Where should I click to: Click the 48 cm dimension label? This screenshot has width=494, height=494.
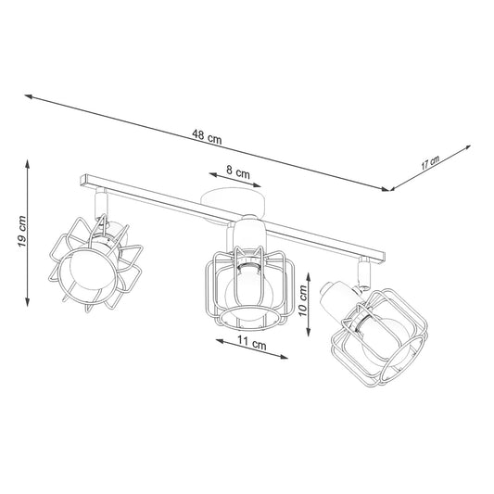(x=207, y=137)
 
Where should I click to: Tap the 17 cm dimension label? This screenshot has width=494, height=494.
(x=430, y=163)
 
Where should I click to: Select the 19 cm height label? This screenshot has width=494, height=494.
(x=21, y=232)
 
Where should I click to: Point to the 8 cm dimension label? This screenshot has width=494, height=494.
(x=238, y=172)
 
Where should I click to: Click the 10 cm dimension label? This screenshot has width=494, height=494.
(x=303, y=300)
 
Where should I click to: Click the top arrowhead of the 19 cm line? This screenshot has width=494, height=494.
(x=28, y=163)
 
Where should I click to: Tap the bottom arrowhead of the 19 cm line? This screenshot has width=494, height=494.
(x=28, y=302)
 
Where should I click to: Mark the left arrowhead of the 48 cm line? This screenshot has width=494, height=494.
(x=29, y=96)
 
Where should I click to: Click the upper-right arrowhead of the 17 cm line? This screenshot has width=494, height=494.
(x=467, y=147)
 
